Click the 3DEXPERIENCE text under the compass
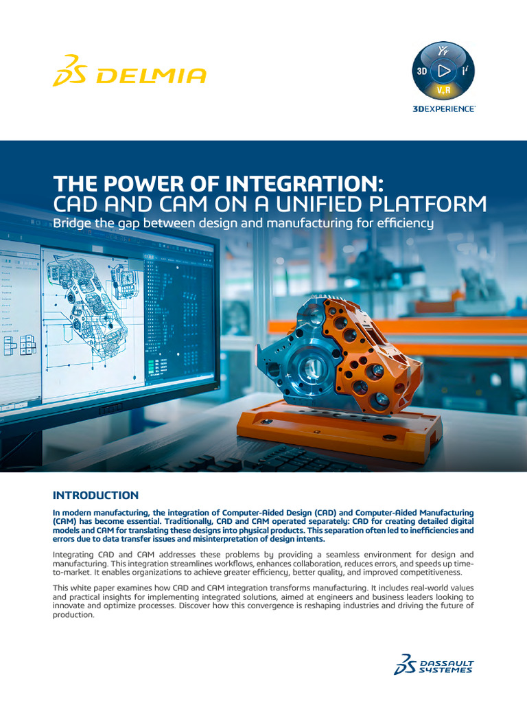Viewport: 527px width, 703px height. click(x=444, y=109)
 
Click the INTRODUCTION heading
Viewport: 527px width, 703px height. click(x=95, y=495)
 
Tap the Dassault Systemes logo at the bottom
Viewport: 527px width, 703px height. click(x=434, y=665)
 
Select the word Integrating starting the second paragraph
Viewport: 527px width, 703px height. click(x=76, y=554)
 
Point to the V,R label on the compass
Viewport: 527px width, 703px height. click(x=444, y=90)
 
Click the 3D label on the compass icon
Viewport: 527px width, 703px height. click(x=422, y=71)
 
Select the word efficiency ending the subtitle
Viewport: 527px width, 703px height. click(x=406, y=223)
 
